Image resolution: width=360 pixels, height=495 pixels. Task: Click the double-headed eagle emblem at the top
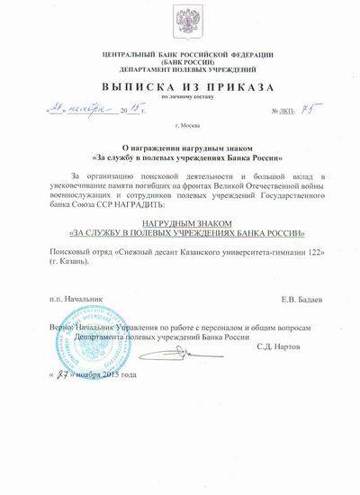click(178, 25)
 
